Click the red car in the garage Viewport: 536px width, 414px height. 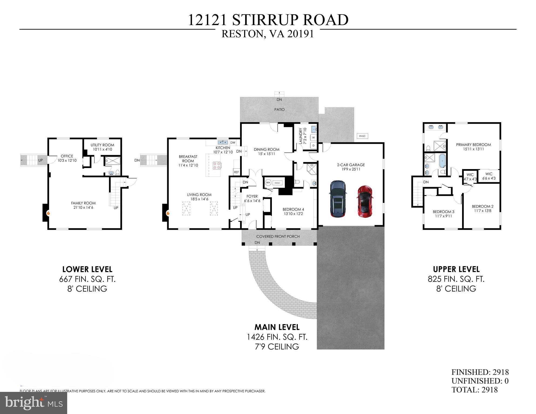click(x=365, y=201)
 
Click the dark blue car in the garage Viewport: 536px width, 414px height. click(x=337, y=199)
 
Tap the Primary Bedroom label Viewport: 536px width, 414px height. click(x=473, y=145)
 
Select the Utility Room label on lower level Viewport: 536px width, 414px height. click(x=102, y=145)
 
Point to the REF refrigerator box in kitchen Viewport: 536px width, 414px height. click(x=236, y=172)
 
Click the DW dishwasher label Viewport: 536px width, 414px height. click(x=233, y=143)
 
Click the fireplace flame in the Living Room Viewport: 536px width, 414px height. click(x=168, y=213)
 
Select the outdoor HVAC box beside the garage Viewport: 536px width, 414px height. click(x=362, y=136)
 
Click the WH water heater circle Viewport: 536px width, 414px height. click(x=268, y=183)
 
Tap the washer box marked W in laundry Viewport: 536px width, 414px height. click(x=313, y=138)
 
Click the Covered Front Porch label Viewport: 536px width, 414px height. click(x=278, y=237)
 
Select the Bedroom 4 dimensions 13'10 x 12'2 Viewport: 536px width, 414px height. click(x=293, y=214)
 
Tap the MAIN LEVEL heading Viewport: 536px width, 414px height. click(x=277, y=327)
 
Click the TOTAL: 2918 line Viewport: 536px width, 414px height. click(x=474, y=390)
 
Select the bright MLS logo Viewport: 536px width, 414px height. click(x=33, y=403)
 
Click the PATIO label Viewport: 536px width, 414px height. click(x=279, y=110)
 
